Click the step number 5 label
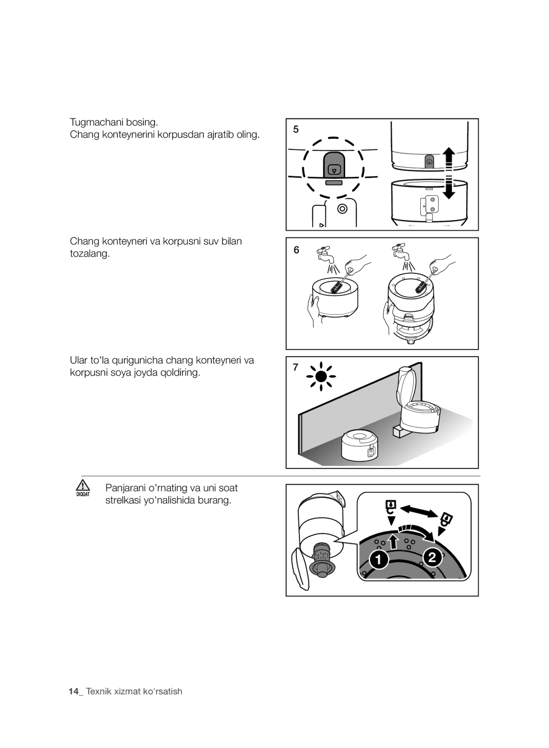click(x=296, y=129)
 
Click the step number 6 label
click(x=296, y=250)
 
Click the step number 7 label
click(x=295, y=367)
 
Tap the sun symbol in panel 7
click(x=321, y=377)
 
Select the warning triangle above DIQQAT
click(x=82, y=485)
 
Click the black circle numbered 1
click(x=379, y=559)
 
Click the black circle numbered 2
click(x=432, y=557)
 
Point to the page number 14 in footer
click(x=74, y=691)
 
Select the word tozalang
click(x=89, y=254)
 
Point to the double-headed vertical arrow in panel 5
click(x=449, y=173)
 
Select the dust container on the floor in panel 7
click(x=359, y=445)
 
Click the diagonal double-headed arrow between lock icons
click(x=419, y=512)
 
